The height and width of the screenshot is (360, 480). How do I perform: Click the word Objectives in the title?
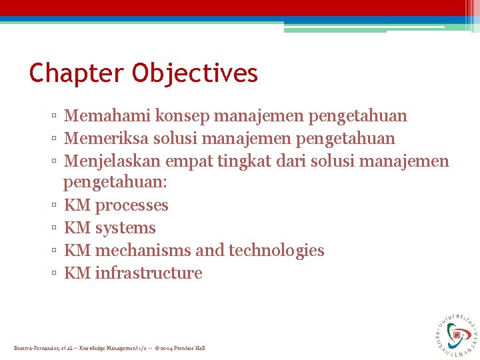click(x=195, y=73)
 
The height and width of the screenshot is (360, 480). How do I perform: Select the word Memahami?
click(x=107, y=116)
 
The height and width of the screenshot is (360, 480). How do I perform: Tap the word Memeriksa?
click(x=107, y=139)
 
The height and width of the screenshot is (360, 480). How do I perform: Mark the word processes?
click(x=131, y=205)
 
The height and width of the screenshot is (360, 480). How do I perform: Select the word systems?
click(x=125, y=228)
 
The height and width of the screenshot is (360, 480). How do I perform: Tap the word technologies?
click(x=276, y=251)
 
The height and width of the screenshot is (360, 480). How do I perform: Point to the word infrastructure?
click(x=148, y=273)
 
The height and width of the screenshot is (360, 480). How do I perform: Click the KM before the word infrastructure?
click(x=77, y=273)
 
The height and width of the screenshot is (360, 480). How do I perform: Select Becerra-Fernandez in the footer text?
click(x=37, y=348)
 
